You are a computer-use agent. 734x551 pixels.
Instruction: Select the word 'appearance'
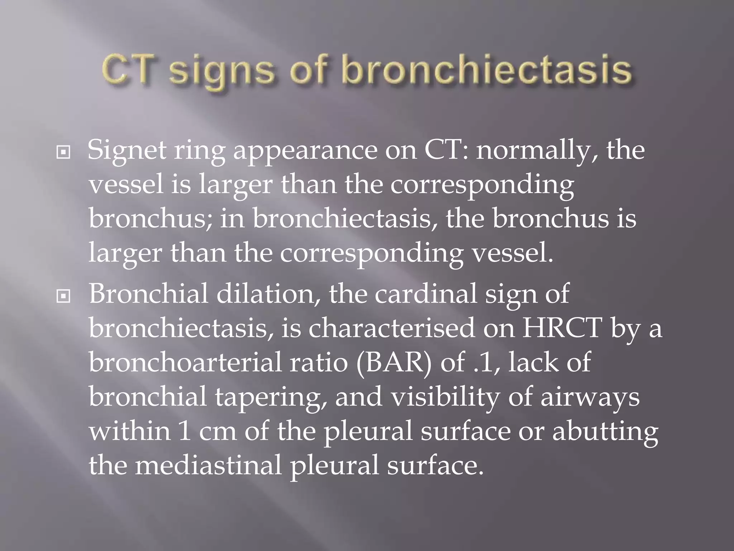point(305,151)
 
